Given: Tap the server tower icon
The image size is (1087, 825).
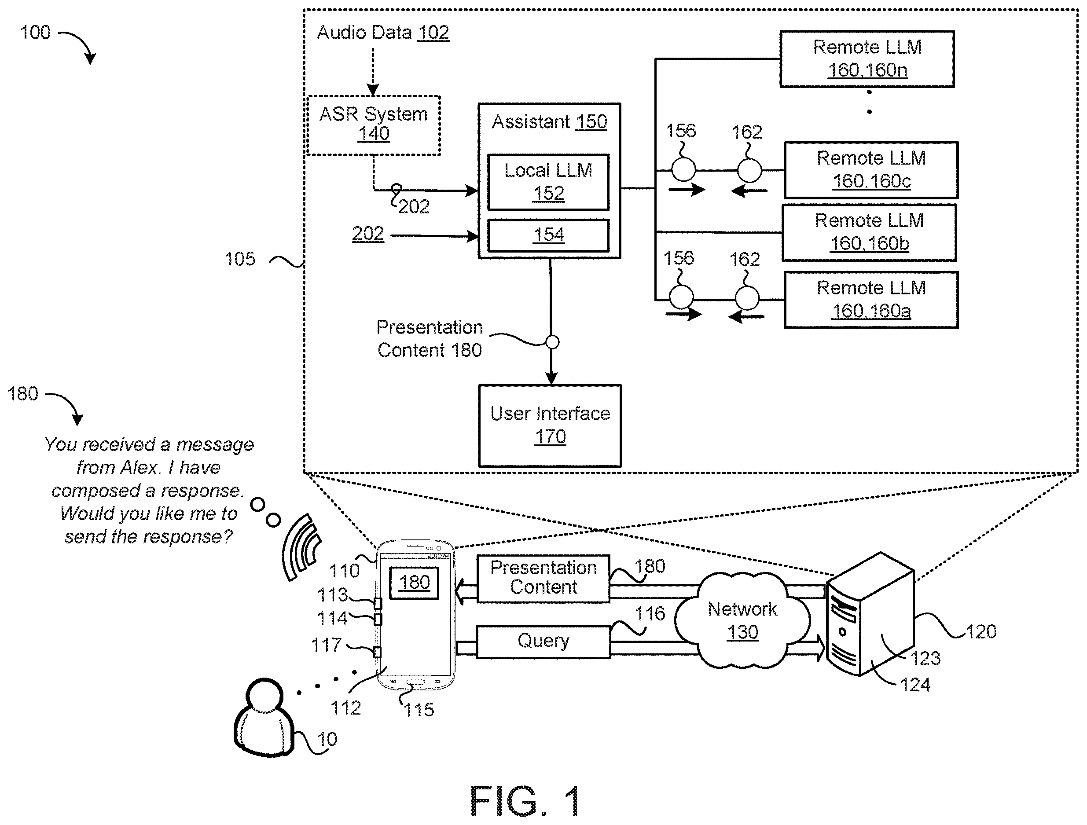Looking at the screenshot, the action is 870,614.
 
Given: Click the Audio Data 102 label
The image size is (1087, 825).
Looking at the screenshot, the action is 383,33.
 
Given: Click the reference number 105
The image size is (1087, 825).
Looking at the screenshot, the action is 240,259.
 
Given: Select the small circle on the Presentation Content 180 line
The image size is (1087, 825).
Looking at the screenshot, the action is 552,342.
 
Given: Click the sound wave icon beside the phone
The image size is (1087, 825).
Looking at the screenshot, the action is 301,546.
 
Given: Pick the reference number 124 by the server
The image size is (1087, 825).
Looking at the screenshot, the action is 915,685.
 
